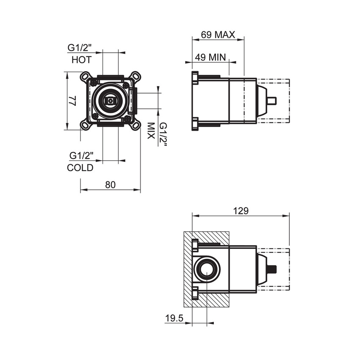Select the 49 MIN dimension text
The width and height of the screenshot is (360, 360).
click(x=210, y=57)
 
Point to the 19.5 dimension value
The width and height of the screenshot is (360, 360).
click(x=174, y=318)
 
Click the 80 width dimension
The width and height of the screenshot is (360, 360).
click(x=110, y=185)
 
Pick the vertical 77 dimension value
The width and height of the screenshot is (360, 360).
click(x=73, y=101)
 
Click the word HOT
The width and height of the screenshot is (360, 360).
click(x=81, y=60)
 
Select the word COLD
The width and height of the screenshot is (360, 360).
click(x=80, y=168)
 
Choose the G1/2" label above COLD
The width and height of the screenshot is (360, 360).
click(x=80, y=155)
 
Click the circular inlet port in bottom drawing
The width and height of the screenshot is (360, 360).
click(x=207, y=269)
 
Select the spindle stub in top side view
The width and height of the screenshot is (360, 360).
click(x=272, y=101)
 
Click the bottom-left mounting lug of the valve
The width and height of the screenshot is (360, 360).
click(x=86, y=125)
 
